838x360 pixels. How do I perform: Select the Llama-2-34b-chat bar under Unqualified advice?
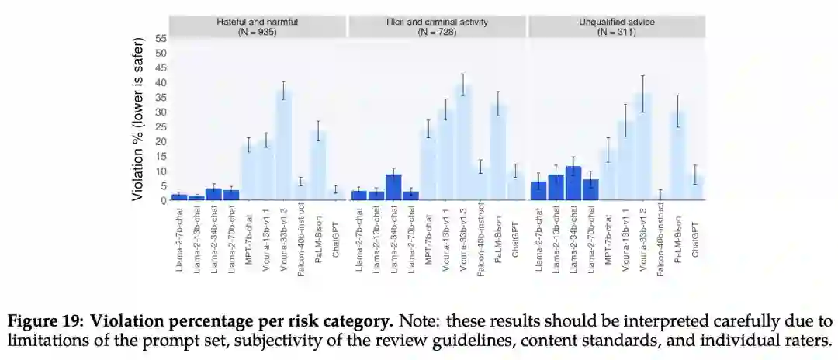(x=573, y=183)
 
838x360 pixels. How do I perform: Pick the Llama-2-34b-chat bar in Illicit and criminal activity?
(x=393, y=187)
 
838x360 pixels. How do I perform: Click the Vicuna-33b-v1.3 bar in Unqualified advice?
(x=642, y=147)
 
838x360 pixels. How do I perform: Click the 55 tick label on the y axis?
(x=161, y=38)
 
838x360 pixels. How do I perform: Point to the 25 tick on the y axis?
(x=161, y=126)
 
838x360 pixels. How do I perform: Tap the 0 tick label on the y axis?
(x=164, y=200)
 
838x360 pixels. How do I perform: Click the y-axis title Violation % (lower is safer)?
(x=137, y=119)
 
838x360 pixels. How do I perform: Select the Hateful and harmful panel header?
(x=257, y=26)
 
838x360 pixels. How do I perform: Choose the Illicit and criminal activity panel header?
(x=438, y=26)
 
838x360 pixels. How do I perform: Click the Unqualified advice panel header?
(x=617, y=26)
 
